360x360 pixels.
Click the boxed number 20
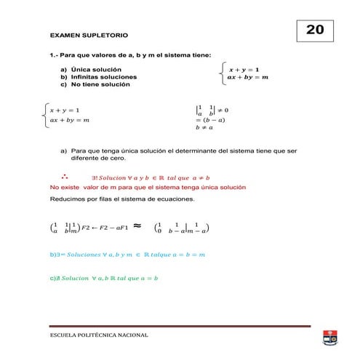coord(314,30)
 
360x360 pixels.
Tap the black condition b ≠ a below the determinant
coord(204,128)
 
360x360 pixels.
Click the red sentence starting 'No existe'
coord(148,187)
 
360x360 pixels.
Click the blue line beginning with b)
coord(127,255)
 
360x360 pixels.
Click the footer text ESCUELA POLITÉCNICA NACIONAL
coord(98,336)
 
